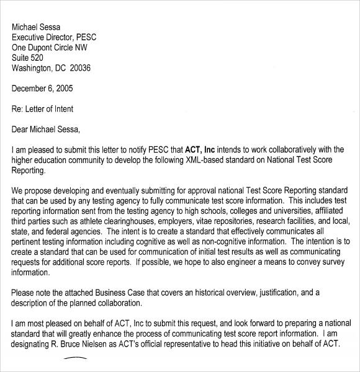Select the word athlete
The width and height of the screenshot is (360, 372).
click(x=88, y=221)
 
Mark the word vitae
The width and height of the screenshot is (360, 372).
click(x=212, y=221)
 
